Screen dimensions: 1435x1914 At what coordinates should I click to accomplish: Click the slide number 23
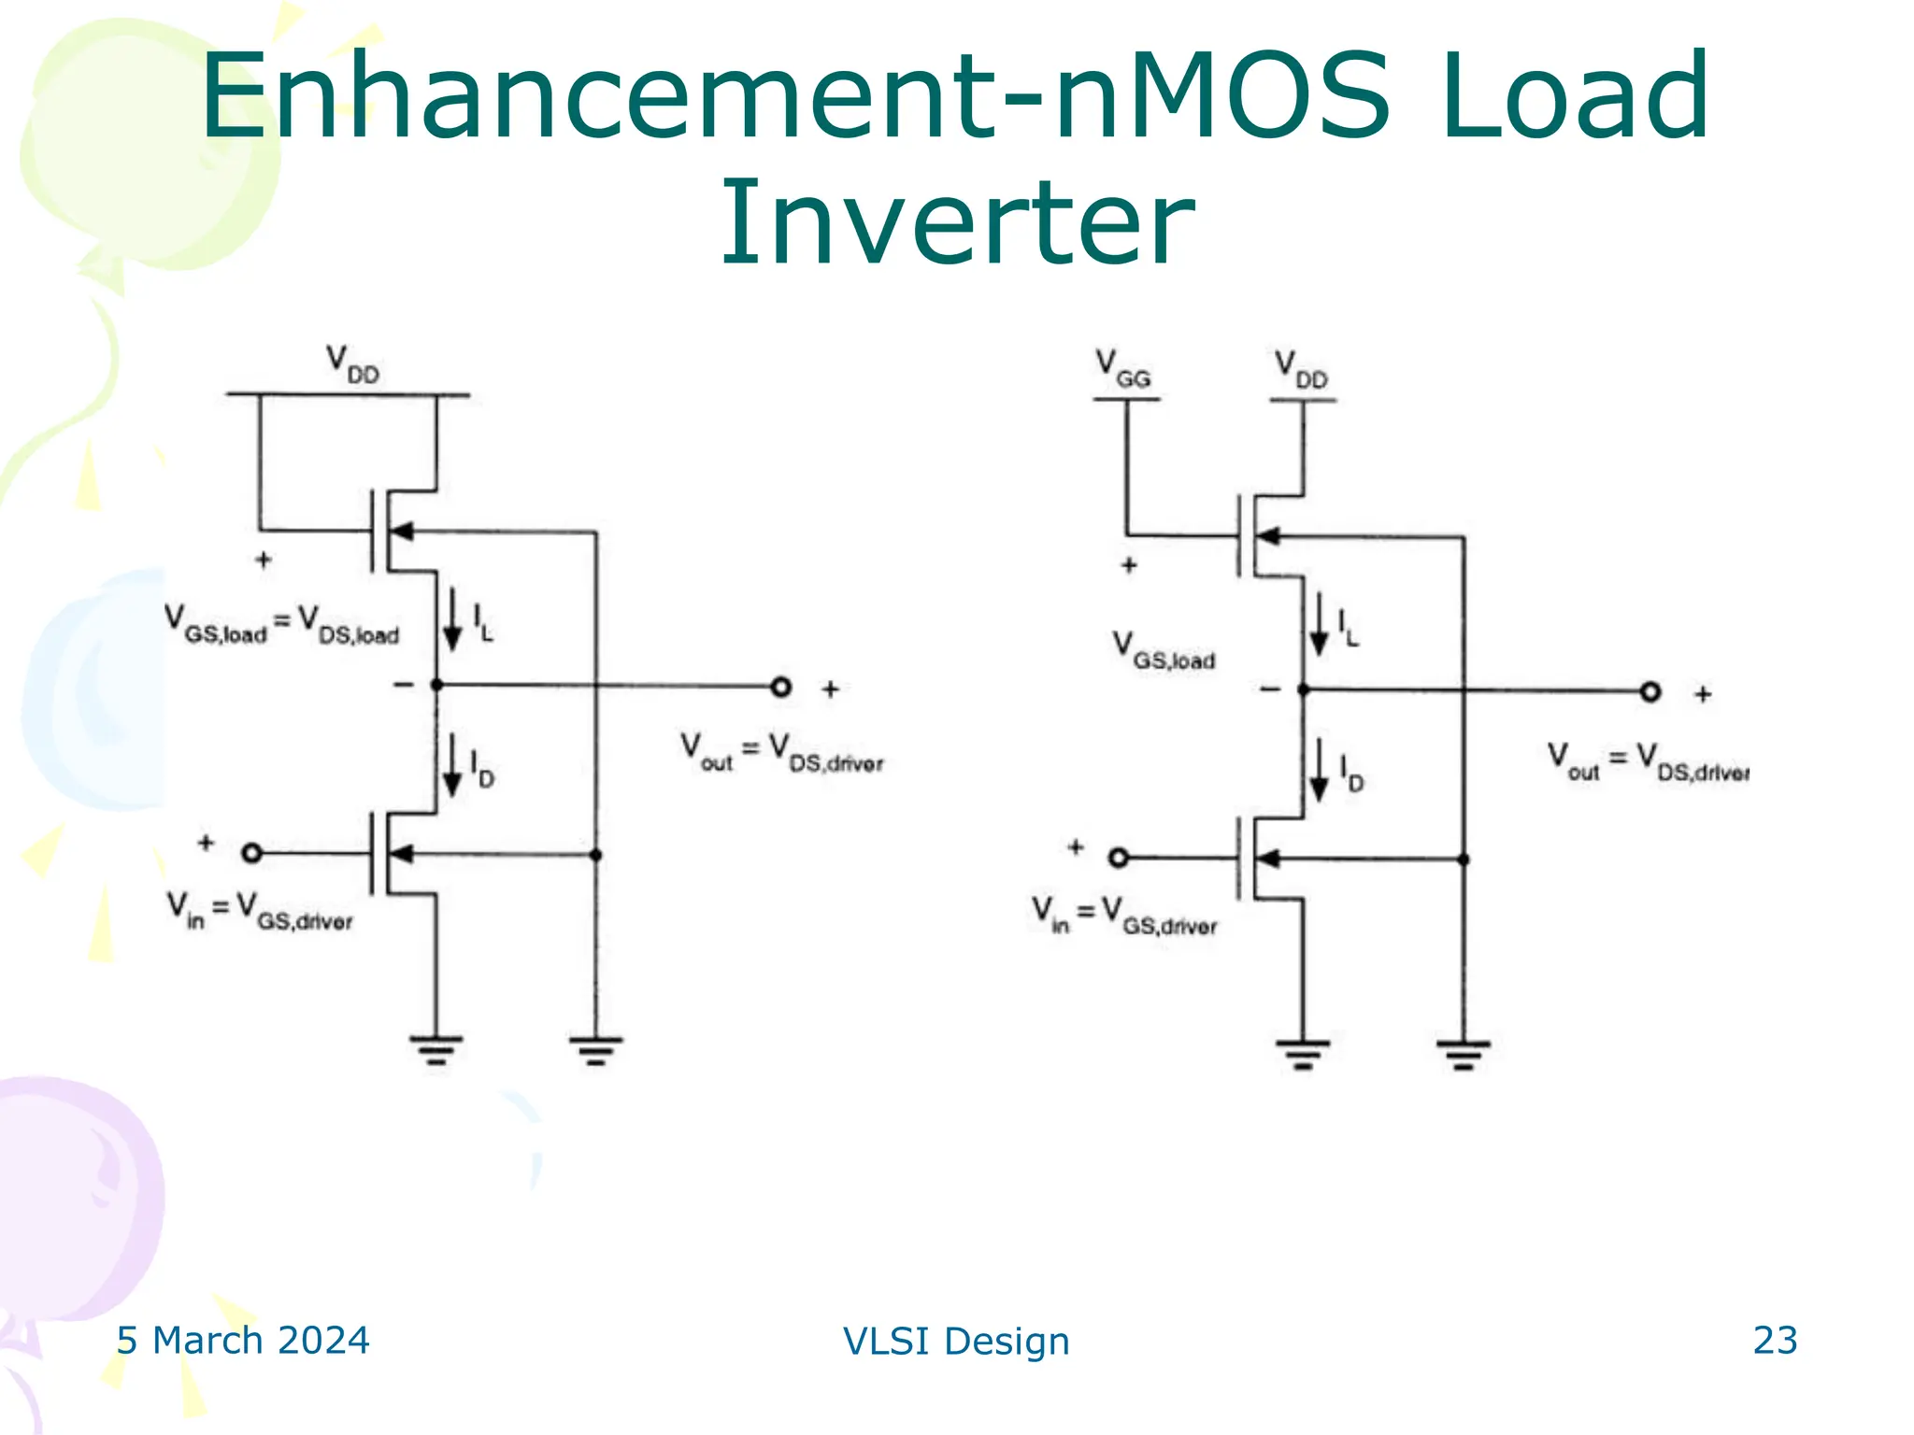(x=1774, y=1340)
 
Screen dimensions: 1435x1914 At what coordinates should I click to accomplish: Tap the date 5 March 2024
(x=243, y=1340)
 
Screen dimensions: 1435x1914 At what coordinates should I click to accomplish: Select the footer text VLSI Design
(x=956, y=1341)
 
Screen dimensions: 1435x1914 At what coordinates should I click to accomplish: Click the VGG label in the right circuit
(x=1123, y=368)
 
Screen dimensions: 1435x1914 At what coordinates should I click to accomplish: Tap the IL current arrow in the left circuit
(x=452, y=618)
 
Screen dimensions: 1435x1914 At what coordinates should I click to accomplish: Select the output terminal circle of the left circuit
(x=781, y=688)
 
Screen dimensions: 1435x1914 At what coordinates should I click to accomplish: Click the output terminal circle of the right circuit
(x=1650, y=692)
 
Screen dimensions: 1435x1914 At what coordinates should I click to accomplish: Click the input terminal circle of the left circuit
(x=251, y=853)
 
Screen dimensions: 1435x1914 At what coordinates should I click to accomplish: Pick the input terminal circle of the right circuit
(x=1119, y=858)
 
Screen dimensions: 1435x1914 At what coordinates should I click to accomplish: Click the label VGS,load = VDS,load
(x=281, y=625)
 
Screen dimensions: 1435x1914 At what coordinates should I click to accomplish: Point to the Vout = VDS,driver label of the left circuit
(x=781, y=753)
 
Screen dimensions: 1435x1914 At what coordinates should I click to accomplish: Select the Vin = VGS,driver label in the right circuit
(x=1124, y=915)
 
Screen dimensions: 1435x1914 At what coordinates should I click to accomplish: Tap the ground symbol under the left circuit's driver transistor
(x=436, y=1049)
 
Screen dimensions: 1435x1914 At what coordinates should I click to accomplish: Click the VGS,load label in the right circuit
(x=1164, y=651)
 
